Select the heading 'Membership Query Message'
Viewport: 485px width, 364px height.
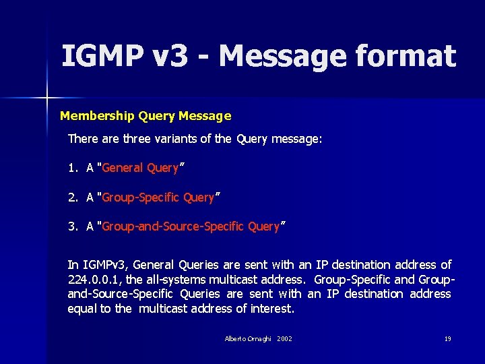pos(145,116)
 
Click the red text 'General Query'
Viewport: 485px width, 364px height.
pos(140,168)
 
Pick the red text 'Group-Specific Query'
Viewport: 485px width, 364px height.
pos(158,198)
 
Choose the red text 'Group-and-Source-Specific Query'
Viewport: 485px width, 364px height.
pos(190,227)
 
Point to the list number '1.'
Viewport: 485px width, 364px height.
pos(73,168)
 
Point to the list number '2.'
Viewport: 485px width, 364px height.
pos(73,198)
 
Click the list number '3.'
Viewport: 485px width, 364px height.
pos(73,227)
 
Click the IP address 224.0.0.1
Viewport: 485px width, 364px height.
pos(96,280)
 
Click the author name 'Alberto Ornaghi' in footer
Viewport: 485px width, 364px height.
pos(248,338)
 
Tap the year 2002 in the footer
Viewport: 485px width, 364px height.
pos(284,338)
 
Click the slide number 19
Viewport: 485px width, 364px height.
pos(447,338)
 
